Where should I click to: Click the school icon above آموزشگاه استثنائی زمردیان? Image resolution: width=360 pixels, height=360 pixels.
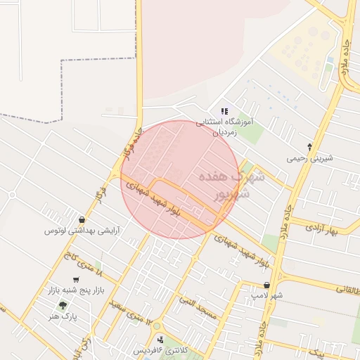tap(224, 111)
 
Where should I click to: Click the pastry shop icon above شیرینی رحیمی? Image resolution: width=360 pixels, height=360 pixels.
tap(310, 146)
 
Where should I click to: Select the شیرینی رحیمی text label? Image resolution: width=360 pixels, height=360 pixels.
tap(309, 158)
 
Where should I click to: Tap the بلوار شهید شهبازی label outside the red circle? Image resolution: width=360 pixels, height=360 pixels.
tap(243, 250)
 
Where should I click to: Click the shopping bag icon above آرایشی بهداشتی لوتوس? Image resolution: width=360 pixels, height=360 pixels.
tap(83, 220)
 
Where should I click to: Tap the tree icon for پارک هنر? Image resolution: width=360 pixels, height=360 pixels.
tap(63, 305)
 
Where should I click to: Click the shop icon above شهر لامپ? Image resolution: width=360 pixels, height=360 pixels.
tap(266, 285)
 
